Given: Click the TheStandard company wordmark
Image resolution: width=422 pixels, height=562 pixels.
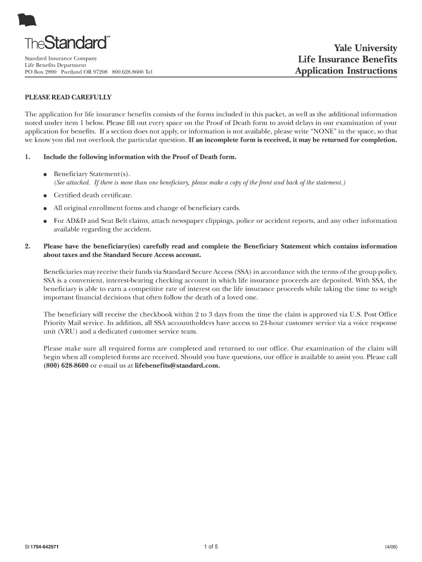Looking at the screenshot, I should click(x=66, y=43).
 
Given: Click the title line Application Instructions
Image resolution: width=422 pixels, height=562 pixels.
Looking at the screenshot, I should click(x=346, y=71).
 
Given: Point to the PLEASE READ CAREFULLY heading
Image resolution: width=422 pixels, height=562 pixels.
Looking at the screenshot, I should click(x=68, y=98).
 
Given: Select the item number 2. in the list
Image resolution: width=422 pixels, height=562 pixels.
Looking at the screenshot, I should click(x=28, y=246).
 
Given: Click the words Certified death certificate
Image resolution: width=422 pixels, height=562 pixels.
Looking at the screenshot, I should click(x=93, y=195).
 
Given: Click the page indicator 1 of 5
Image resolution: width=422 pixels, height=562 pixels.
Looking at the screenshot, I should click(x=210, y=546).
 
